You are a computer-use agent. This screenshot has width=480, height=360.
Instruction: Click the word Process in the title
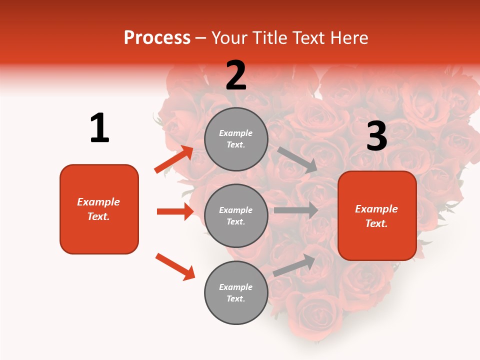click(157, 38)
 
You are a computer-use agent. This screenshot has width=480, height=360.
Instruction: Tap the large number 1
click(99, 128)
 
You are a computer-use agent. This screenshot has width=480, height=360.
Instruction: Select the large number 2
click(236, 76)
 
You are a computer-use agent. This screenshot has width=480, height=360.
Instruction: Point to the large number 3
click(376, 137)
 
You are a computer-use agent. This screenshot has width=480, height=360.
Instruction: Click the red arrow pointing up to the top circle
click(174, 159)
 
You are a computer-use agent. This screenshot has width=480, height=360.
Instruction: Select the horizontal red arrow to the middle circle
click(175, 211)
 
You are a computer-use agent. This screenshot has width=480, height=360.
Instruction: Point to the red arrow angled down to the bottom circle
click(175, 266)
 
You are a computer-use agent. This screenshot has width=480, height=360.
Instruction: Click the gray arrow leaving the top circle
click(297, 159)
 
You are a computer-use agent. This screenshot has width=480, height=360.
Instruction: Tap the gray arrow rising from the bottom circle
click(294, 265)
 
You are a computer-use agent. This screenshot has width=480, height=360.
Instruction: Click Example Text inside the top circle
click(236, 139)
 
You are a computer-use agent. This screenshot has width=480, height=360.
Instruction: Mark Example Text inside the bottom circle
click(236, 293)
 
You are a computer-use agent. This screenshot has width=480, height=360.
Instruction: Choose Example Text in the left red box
click(99, 209)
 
